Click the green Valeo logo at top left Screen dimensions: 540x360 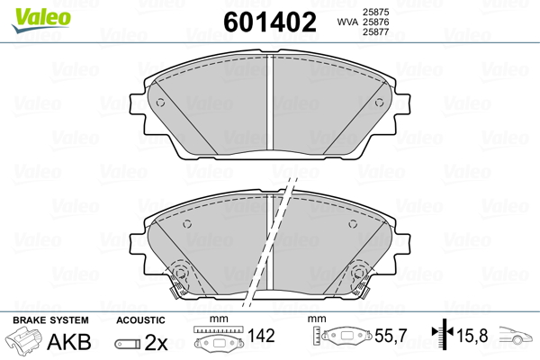pyautogui.click(x=41, y=19)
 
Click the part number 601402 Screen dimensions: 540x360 pyautogui.click(x=270, y=22)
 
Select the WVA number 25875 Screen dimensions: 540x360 pyautogui.click(x=375, y=12)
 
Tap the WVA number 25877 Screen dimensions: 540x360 pyautogui.click(x=375, y=32)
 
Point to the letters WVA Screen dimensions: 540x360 pyautogui.click(x=347, y=22)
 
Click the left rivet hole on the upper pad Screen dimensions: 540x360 pyautogui.click(x=160, y=103)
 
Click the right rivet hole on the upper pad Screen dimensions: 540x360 pyautogui.click(x=379, y=103)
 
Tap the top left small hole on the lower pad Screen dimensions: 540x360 pyautogui.click(x=187, y=224)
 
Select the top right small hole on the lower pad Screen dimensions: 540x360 pyautogui.click(x=353, y=224)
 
